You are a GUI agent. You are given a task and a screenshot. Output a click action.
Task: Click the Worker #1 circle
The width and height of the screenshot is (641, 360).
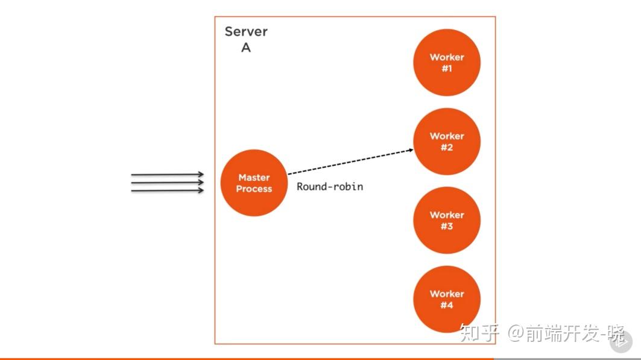(x=447, y=63)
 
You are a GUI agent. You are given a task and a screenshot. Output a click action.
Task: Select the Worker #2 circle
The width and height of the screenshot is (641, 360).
(x=447, y=142)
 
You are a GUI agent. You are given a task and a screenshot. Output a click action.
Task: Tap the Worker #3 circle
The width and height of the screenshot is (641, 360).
(x=447, y=221)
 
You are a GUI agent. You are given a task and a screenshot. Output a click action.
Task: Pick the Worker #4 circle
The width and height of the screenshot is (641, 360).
(x=447, y=300)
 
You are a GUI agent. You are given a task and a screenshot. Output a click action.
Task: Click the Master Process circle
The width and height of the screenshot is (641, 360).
(x=254, y=183)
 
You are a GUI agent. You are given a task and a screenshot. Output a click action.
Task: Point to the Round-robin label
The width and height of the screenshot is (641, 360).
(x=330, y=186)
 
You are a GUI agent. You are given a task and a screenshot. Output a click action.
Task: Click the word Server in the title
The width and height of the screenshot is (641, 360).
(x=246, y=31)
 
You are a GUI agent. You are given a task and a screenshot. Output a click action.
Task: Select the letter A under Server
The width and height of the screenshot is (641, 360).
(x=246, y=48)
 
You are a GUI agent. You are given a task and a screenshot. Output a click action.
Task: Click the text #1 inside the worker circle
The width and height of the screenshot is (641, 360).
(x=447, y=69)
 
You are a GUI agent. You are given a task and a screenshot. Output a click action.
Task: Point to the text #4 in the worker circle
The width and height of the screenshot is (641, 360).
(x=447, y=306)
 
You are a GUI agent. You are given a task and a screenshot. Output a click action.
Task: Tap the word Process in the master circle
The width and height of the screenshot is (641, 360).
(x=254, y=189)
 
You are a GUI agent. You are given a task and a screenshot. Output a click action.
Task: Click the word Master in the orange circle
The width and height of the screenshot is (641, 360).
(x=254, y=177)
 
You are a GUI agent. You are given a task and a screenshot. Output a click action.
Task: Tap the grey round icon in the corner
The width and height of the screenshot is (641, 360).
(x=620, y=341)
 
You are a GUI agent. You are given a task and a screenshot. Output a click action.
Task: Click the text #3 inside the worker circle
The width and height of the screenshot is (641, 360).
(x=447, y=227)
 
